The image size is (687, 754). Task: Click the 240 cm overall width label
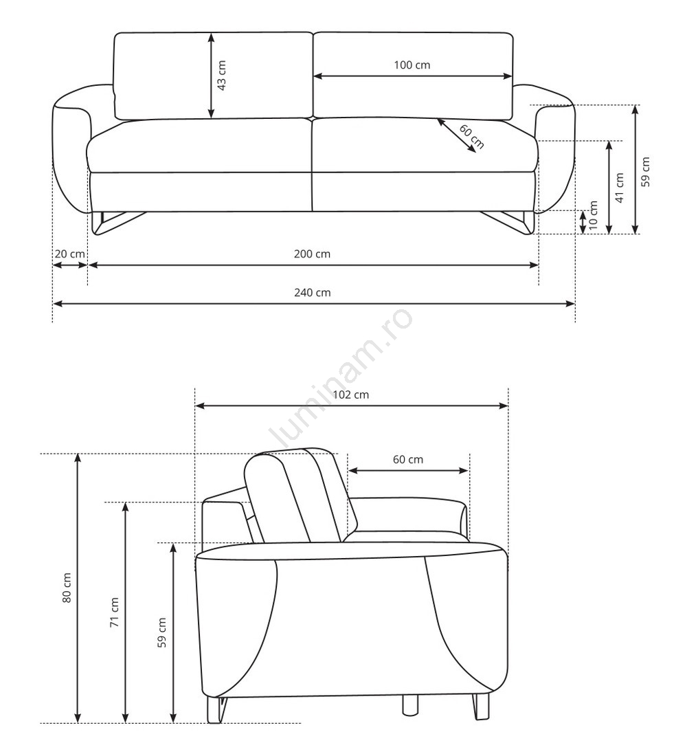click(x=312, y=292)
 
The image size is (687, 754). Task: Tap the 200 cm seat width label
click(x=312, y=254)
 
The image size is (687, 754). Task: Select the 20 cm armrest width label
click(x=69, y=254)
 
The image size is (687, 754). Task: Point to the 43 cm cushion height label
click(x=222, y=76)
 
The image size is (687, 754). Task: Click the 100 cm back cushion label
click(x=412, y=65)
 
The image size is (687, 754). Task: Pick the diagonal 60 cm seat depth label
click(x=471, y=137)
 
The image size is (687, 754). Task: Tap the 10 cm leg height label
click(x=594, y=215)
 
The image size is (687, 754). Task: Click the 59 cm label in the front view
click(x=646, y=172)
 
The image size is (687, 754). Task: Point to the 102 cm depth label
click(x=351, y=395)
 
